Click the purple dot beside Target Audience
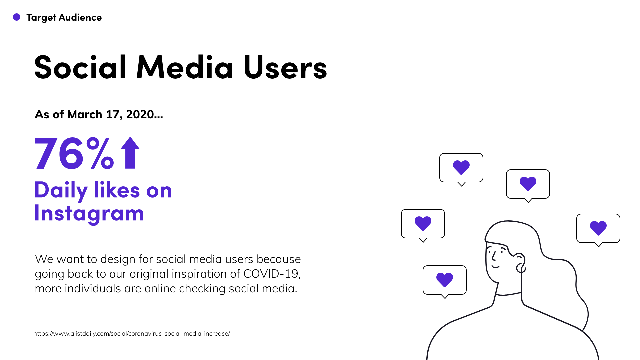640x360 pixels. [x=17, y=17]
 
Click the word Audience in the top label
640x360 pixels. [x=80, y=17]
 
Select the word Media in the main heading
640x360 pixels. [x=185, y=68]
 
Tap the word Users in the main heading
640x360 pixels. [x=285, y=68]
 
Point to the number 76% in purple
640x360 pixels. [x=74, y=153]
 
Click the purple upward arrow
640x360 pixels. [x=130, y=153]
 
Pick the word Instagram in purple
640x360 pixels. [x=89, y=214]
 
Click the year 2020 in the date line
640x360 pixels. [x=140, y=114]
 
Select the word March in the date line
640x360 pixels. [x=85, y=114]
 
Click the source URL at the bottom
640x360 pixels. [x=132, y=334]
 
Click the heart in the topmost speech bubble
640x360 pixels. [x=461, y=167]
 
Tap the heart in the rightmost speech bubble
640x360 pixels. [x=598, y=228]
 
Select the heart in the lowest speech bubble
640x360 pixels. [x=445, y=280]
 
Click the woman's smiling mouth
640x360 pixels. [x=496, y=267]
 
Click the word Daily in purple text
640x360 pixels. [x=61, y=191]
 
